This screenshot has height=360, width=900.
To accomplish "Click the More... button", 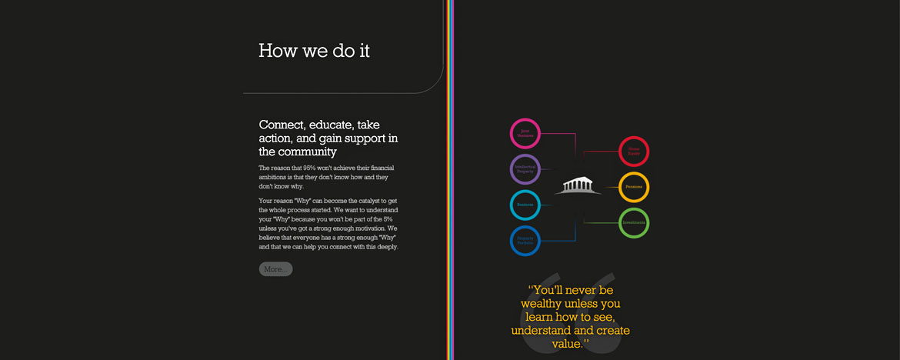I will tap(275, 269).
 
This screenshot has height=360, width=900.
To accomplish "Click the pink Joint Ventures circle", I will tap(525, 133).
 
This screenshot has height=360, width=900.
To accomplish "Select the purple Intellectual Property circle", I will tap(525, 168).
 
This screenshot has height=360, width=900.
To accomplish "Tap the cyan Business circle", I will tap(525, 205).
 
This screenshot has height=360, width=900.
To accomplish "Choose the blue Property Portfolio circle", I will tap(525, 240).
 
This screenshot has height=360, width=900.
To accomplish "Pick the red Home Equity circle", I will tap(634, 151).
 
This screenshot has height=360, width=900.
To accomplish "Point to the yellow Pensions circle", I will tap(634, 187).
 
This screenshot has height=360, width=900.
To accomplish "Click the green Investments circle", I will tap(634, 223).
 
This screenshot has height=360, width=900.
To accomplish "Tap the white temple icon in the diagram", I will tap(578, 186).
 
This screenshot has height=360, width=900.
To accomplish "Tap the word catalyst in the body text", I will tap(362, 201).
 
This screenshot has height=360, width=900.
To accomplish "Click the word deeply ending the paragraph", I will tap(383, 247).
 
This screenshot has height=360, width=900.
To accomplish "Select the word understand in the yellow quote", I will tap(539, 331).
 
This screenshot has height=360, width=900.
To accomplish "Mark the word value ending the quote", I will tap(567, 344).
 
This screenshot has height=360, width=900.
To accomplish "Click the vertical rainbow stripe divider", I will tap(449, 180).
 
